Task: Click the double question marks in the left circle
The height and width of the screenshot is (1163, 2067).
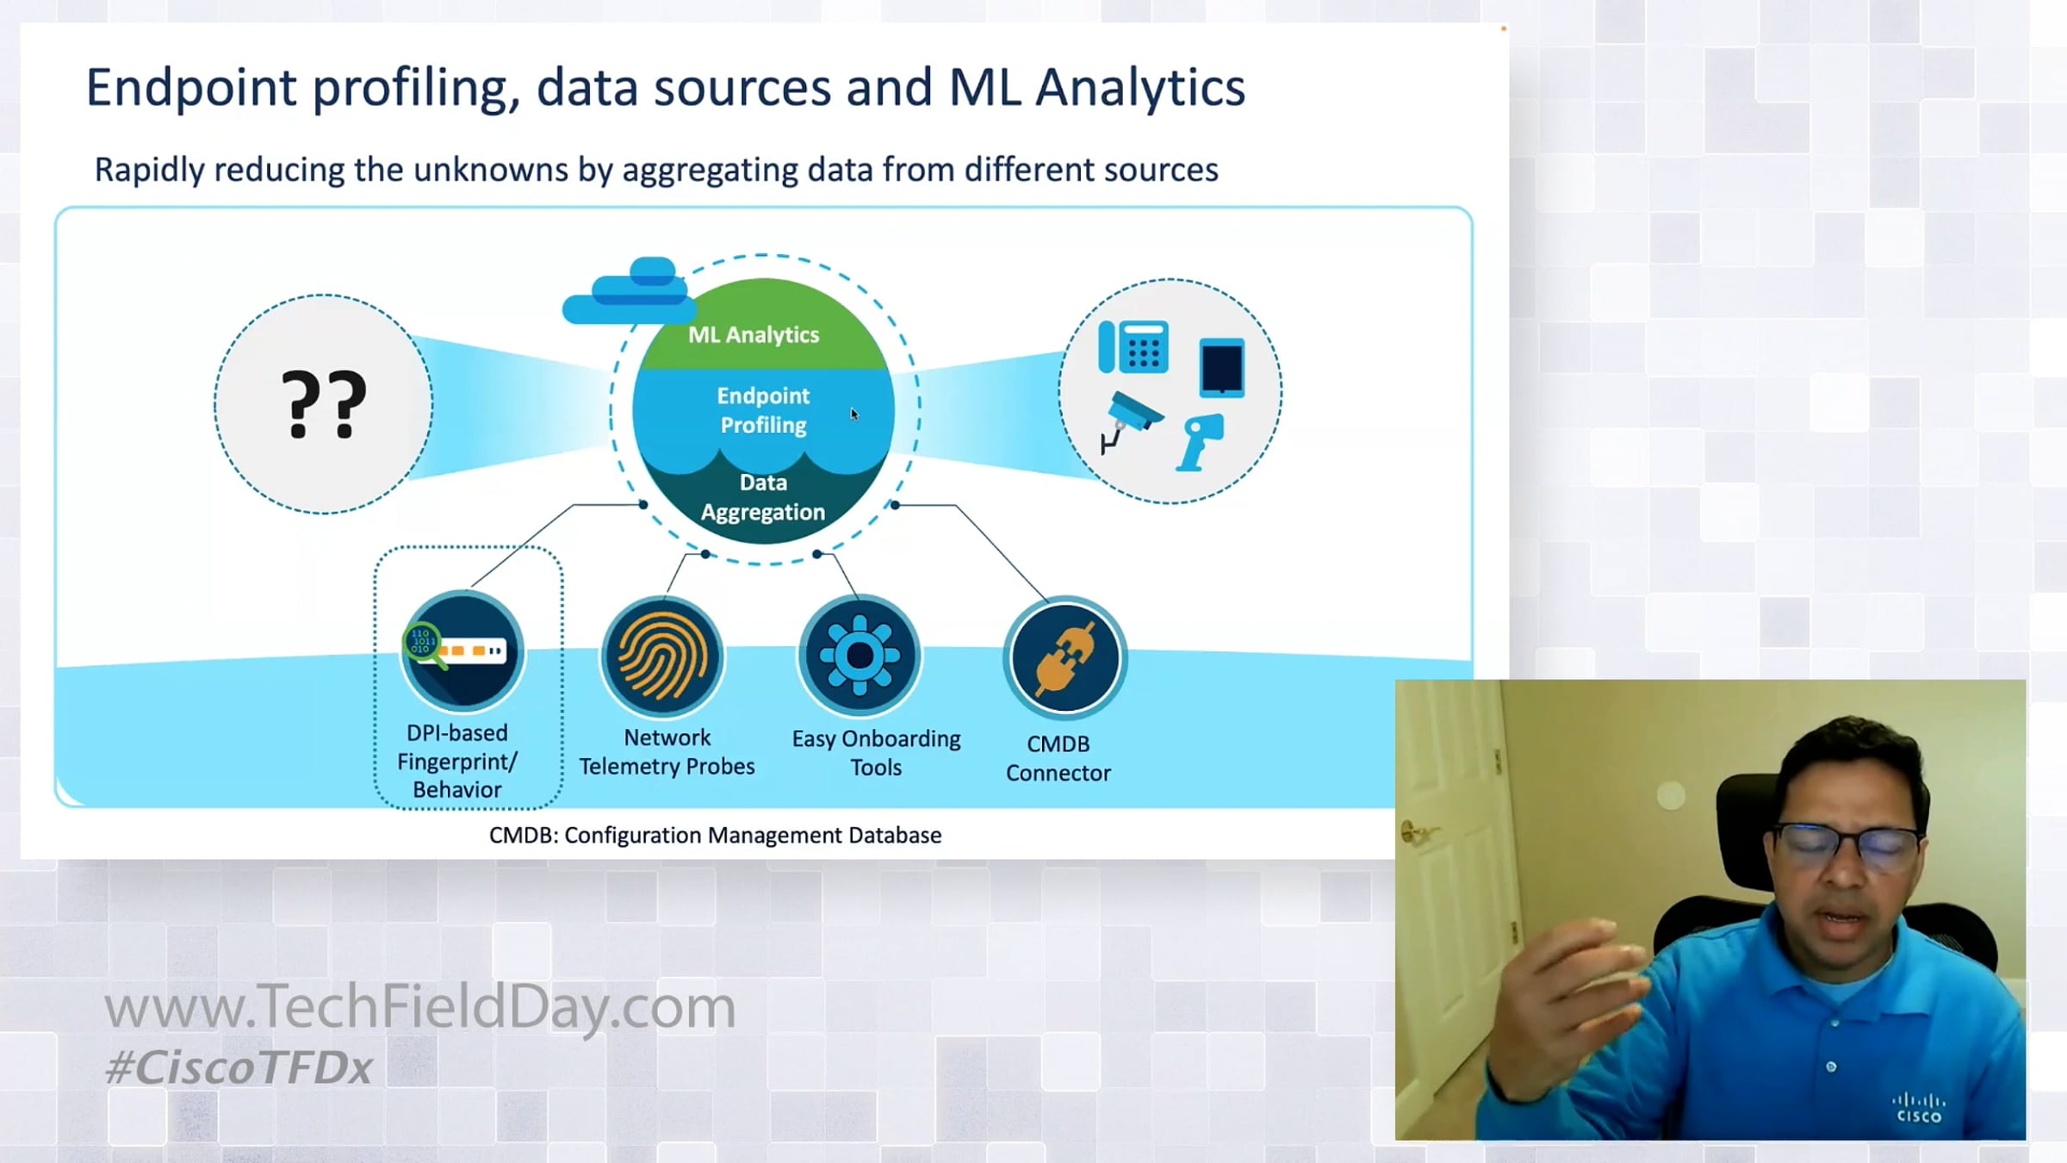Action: pyautogui.click(x=324, y=405)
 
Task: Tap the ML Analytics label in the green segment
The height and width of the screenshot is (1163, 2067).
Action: pyautogui.click(x=754, y=334)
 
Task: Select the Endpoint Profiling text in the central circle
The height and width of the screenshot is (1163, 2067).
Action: pyautogui.click(x=763, y=410)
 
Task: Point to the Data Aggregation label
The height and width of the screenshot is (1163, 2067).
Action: pyautogui.click(x=763, y=497)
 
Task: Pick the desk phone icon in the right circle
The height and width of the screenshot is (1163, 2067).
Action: pyautogui.click(x=1133, y=347)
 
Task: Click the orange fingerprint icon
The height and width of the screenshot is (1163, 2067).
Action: pyautogui.click(x=662, y=656)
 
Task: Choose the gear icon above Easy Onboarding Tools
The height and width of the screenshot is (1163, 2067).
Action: pyautogui.click(x=860, y=656)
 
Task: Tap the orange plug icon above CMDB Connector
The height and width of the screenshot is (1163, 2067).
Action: pyautogui.click(x=1065, y=658)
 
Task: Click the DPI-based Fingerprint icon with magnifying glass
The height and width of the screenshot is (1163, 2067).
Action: pyautogui.click(x=462, y=650)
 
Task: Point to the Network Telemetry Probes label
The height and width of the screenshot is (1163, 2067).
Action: pyautogui.click(x=667, y=752)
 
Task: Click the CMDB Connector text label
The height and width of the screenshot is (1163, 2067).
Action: pyautogui.click(x=1058, y=758)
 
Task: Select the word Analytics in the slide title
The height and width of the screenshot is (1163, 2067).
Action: pyautogui.click(x=1140, y=88)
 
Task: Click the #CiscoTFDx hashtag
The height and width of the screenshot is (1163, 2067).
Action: pyautogui.click(x=239, y=1067)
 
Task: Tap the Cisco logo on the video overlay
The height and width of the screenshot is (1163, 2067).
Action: pyautogui.click(x=1919, y=1108)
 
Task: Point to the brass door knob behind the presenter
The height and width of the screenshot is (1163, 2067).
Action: pyautogui.click(x=1413, y=832)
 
